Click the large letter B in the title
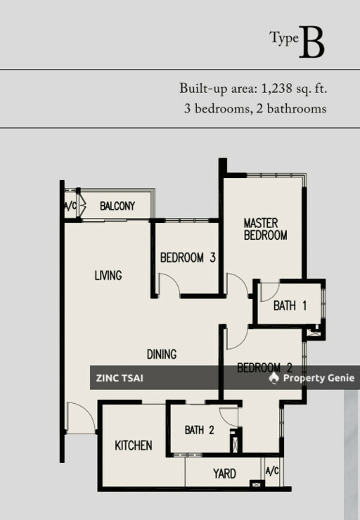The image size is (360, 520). pyautogui.click(x=311, y=42)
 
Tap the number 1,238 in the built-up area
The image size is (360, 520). pyautogui.click(x=277, y=88)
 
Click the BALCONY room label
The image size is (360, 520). pyautogui.click(x=117, y=206)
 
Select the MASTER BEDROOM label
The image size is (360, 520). pyautogui.click(x=265, y=229)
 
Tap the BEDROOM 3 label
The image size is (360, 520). pyautogui.click(x=188, y=258)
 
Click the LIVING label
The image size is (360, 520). pyautogui.click(x=108, y=275)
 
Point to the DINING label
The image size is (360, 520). pyautogui.click(x=162, y=354)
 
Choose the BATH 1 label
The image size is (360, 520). pyautogui.click(x=290, y=305)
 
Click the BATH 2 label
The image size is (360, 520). pyautogui.click(x=199, y=430)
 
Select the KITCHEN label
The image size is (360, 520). pyautogui.click(x=134, y=445)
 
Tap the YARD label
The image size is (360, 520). pyautogui.click(x=224, y=474)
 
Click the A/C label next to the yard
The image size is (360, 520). pyautogui.click(x=272, y=471)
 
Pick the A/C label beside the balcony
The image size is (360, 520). pyautogui.click(x=70, y=206)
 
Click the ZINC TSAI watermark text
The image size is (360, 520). pyautogui.click(x=120, y=378)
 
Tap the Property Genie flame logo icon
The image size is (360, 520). pyautogui.click(x=274, y=378)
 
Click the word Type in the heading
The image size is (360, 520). pyautogui.click(x=284, y=38)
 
